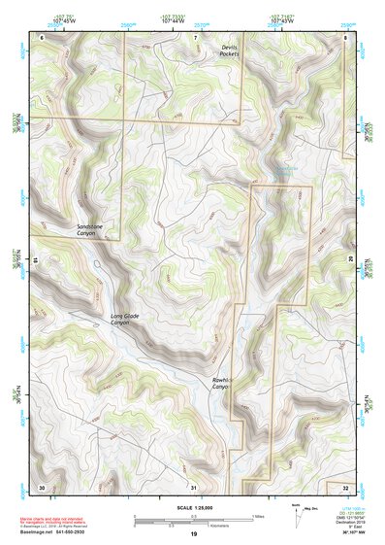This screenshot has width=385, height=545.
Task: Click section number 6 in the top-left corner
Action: click(42, 37)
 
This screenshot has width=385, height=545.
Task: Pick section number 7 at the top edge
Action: click(194, 37)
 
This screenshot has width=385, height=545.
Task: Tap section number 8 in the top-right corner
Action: click(346, 37)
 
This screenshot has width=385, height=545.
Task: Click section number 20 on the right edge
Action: click(350, 260)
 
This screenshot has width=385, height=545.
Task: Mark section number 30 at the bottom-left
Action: click(42, 486)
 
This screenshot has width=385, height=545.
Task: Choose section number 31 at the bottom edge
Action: click(194, 486)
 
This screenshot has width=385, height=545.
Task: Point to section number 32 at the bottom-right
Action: click(345, 486)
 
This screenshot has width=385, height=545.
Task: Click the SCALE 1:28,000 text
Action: click(193, 507)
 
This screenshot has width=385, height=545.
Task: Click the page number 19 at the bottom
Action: click(193, 534)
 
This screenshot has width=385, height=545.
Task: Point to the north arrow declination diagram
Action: click(296, 519)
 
